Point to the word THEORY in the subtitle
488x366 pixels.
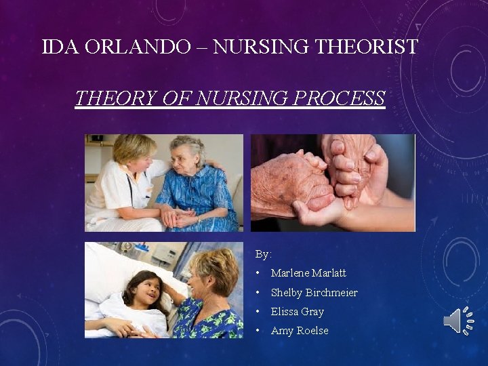point(116,99)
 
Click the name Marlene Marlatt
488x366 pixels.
point(308,273)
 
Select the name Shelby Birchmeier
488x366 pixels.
point(314,293)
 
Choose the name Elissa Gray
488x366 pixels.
point(297,312)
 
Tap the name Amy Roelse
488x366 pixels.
point(300,331)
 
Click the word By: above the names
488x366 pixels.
point(263,254)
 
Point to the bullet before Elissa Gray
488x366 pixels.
point(258,312)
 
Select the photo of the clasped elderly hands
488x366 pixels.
point(332,183)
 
